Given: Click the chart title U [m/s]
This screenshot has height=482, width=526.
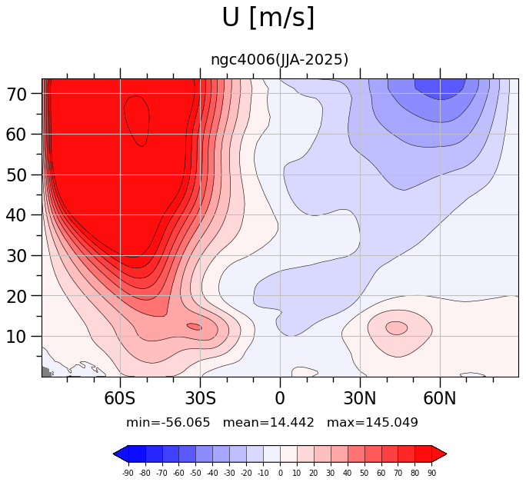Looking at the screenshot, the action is [x=268, y=18].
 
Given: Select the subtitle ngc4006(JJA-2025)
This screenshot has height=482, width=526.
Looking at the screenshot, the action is [x=279, y=60].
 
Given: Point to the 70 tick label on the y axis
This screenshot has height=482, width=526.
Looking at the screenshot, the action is [x=16, y=95].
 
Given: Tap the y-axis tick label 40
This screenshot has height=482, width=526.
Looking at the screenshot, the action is [x=16, y=215].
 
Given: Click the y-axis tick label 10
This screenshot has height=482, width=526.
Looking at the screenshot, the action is [x=16, y=337].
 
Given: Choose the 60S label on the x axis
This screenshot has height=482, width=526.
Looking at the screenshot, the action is [x=120, y=398].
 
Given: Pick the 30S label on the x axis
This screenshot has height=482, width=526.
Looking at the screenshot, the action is [x=200, y=398].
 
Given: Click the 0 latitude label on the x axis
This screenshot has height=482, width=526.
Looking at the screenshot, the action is [x=280, y=398].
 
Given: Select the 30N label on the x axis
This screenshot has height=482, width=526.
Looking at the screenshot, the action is [x=360, y=398].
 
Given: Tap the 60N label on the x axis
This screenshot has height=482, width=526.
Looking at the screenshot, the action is [x=440, y=398].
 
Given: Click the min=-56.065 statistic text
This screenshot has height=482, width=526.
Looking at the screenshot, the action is [x=168, y=422].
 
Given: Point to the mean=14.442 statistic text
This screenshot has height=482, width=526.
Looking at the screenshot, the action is [x=268, y=422].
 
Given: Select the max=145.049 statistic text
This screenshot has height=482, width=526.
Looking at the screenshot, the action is [x=372, y=422].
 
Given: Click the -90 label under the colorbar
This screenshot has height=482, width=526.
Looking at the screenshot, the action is [x=128, y=474].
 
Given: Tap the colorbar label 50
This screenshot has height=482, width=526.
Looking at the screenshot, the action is [x=365, y=474].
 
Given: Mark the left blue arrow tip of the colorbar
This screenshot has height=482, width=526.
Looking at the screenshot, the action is [x=114, y=454].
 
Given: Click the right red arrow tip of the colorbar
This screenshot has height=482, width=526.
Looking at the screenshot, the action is [x=447, y=454].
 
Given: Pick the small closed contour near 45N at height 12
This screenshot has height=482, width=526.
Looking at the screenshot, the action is [x=397, y=328].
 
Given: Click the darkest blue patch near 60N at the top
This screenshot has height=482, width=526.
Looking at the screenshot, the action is [x=440, y=88].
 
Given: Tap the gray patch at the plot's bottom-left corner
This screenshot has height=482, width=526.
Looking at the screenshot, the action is [x=45, y=372].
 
